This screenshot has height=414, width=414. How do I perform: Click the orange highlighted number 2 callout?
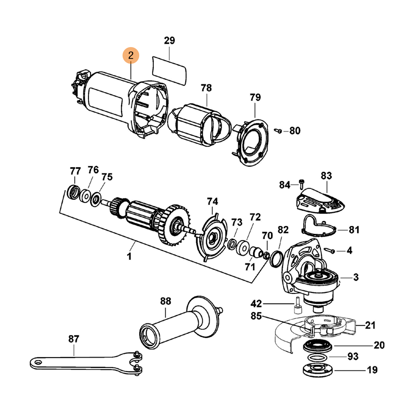(130, 55)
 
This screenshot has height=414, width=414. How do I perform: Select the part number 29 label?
(170, 40)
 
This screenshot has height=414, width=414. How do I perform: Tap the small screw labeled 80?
(278, 131)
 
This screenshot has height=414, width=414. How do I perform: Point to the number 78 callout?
(206, 88)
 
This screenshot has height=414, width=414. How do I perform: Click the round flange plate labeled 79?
(253, 139)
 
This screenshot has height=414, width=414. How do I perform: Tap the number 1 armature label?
(129, 256)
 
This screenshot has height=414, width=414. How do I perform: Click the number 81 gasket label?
(354, 229)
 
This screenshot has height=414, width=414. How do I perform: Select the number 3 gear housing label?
(356, 277)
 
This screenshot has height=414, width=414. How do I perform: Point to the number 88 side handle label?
(165, 301)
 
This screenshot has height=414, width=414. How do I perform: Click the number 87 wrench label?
(74, 339)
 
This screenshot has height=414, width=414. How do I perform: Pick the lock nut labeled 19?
(315, 371)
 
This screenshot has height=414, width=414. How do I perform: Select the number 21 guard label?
(371, 325)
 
